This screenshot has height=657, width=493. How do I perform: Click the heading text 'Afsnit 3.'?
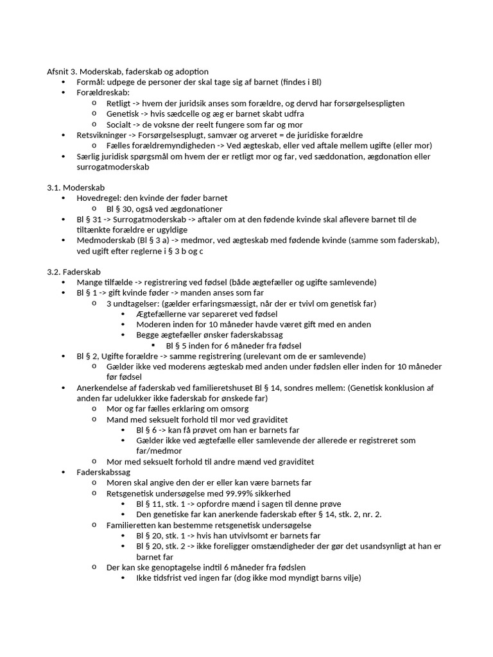(62, 72)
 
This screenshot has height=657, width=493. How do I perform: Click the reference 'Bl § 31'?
(90, 219)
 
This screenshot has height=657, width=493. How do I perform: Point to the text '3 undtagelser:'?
(133, 303)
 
